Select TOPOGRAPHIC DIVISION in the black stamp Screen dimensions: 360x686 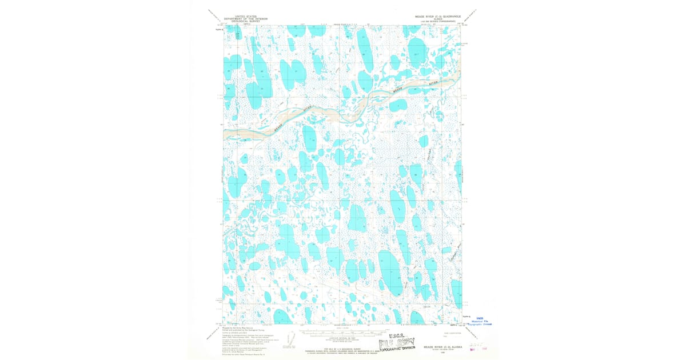coord(400,347)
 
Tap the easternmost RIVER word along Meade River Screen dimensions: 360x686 coord(436,84)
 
